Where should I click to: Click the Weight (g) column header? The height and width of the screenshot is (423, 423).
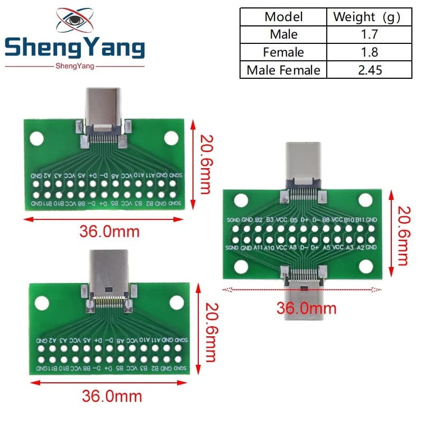(369, 16)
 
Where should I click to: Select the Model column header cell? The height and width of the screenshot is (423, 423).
(283, 16)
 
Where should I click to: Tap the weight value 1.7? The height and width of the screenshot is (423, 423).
(369, 34)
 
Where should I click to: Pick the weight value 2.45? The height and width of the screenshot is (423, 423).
(369, 70)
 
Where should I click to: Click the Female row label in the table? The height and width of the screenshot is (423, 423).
(283, 52)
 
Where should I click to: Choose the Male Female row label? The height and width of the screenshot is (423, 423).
(283, 70)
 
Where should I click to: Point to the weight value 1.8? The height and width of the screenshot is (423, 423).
(369, 52)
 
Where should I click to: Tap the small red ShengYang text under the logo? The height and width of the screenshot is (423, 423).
(74, 66)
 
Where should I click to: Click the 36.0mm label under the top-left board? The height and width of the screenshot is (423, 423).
(109, 231)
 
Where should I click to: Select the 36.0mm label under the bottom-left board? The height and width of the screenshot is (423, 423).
(112, 396)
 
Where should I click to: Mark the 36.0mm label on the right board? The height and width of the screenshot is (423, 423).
(306, 307)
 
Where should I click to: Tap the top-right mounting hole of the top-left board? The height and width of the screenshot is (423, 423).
(171, 138)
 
